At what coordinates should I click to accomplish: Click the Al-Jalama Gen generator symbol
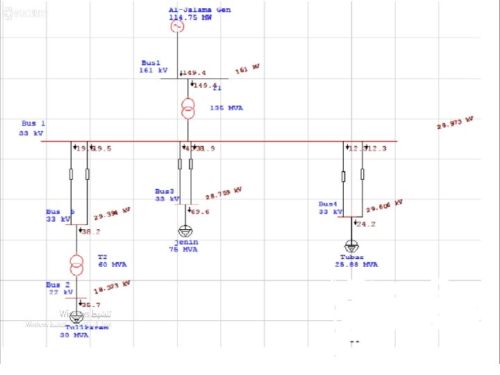pyautogui.click(x=177, y=26)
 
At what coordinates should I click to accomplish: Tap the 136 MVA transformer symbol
pyautogui.click(x=187, y=108)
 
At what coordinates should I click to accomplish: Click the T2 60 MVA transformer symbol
pyautogui.click(x=76, y=264)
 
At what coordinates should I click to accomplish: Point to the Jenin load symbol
pyautogui.click(x=185, y=231)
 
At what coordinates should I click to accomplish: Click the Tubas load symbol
pyautogui.click(x=352, y=246)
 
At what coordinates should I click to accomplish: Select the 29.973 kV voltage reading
pyautogui.click(x=455, y=123)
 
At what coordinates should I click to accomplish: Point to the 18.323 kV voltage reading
pyautogui.click(x=112, y=286)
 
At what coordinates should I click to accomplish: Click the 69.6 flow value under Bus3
pyautogui.click(x=200, y=211)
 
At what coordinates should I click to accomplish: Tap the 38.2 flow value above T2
pyautogui.click(x=91, y=232)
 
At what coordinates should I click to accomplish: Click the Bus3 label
pyautogui.click(x=165, y=191)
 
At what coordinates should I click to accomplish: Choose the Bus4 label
pyautogui.click(x=328, y=204)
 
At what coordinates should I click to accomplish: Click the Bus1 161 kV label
pyautogui.click(x=153, y=67)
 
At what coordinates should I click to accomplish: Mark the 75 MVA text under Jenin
pyautogui.click(x=183, y=249)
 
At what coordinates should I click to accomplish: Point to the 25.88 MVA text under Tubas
pyautogui.click(x=356, y=265)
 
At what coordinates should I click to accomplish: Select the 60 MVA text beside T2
pyautogui.click(x=112, y=265)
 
